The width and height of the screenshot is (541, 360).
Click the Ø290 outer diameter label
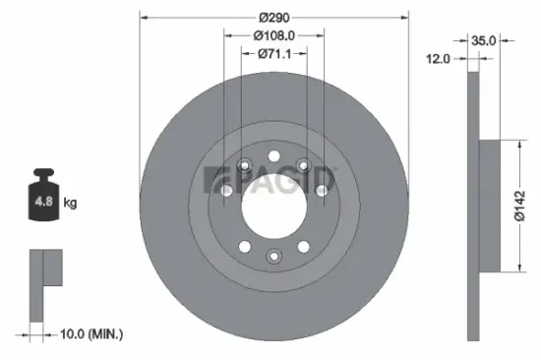272,18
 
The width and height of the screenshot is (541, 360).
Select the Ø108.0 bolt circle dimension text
274,35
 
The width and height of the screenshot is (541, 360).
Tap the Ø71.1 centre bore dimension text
274,54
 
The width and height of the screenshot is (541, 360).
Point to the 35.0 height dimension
484,41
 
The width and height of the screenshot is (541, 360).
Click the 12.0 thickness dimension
439,59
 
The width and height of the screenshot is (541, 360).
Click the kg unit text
70,204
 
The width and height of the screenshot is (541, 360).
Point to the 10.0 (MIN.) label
90,335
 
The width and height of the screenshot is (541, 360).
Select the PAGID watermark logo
269,180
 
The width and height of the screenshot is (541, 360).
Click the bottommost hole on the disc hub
273,259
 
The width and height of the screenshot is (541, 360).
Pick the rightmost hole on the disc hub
320,190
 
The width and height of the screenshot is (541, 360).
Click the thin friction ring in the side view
473,206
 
